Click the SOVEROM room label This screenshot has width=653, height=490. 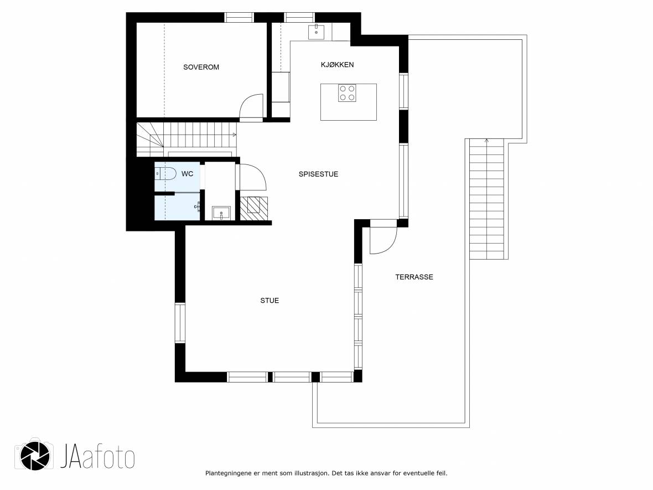coord(201,67)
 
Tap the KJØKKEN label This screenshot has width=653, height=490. coord(338,65)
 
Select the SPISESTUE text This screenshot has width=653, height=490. coord(318,174)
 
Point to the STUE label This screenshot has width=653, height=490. coord(270,301)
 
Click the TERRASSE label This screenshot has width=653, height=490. coord(414,277)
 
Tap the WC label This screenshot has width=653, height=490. coord(187,174)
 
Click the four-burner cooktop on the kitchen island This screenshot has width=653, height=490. coord(347,93)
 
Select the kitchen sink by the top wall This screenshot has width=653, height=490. coord(316,32)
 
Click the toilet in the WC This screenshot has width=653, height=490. coord(165,173)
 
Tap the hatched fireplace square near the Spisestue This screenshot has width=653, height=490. coord(254,208)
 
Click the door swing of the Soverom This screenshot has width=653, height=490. coord(251,108)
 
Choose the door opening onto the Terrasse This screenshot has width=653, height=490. coord(383,240)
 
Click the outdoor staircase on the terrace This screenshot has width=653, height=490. coord(486,199)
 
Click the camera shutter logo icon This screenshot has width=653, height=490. coord(34,456)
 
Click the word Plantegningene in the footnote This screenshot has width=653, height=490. coord(228,473)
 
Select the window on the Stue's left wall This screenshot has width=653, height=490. coord(180,323)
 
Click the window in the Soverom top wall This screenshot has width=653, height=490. coord(239,18)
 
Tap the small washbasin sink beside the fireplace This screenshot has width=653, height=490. coord(221,213)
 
